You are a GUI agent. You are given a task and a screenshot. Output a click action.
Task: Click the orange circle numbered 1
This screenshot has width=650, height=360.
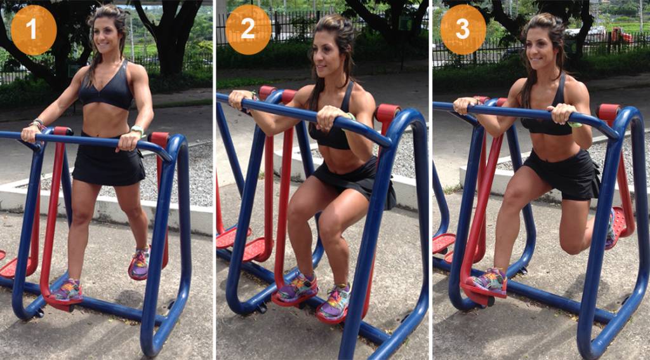[34, 30]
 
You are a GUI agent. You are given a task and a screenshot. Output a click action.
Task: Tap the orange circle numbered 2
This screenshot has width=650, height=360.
[248, 30]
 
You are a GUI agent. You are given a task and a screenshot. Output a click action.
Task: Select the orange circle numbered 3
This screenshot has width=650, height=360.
[463, 30]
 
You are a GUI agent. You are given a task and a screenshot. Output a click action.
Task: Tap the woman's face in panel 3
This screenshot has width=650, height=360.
[541, 48]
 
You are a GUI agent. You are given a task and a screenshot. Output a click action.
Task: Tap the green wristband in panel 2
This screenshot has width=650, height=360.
[349, 116]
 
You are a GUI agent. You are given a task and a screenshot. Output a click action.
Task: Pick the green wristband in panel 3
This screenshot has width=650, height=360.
[574, 124]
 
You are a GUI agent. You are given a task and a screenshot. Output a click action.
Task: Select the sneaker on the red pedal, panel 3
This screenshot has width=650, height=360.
[488, 280]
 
